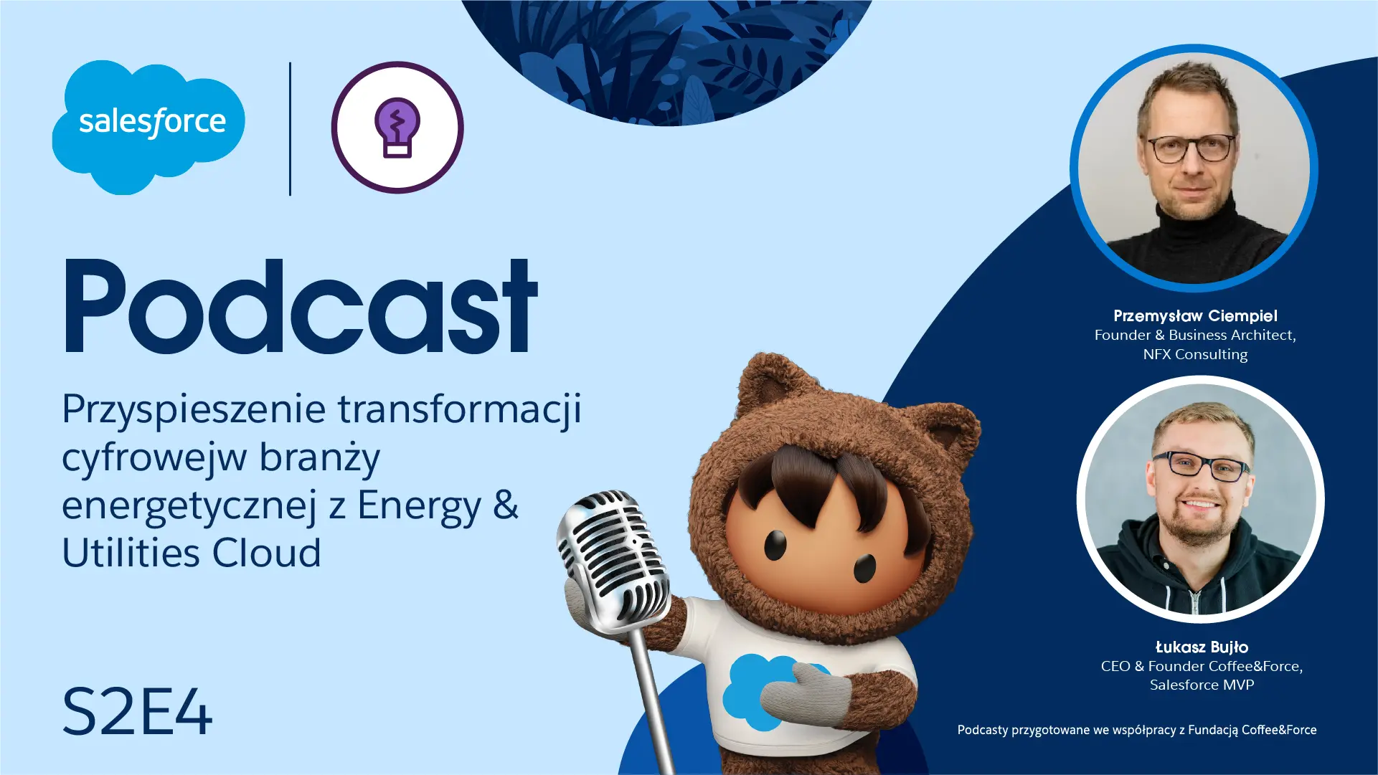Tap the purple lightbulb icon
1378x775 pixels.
click(397, 128)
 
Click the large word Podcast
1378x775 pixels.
click(301, 306)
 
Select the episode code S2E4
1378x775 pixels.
click(137, 712)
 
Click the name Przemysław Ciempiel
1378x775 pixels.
click(1195, 315)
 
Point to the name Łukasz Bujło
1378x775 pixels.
click(1202, 647)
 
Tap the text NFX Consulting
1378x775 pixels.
click(1195, 354)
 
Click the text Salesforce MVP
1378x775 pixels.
click(1202, 685)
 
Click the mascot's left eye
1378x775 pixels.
click(775, 545)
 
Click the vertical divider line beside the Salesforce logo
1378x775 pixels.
click(290, 128)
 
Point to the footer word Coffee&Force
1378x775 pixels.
click(1279, 730)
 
